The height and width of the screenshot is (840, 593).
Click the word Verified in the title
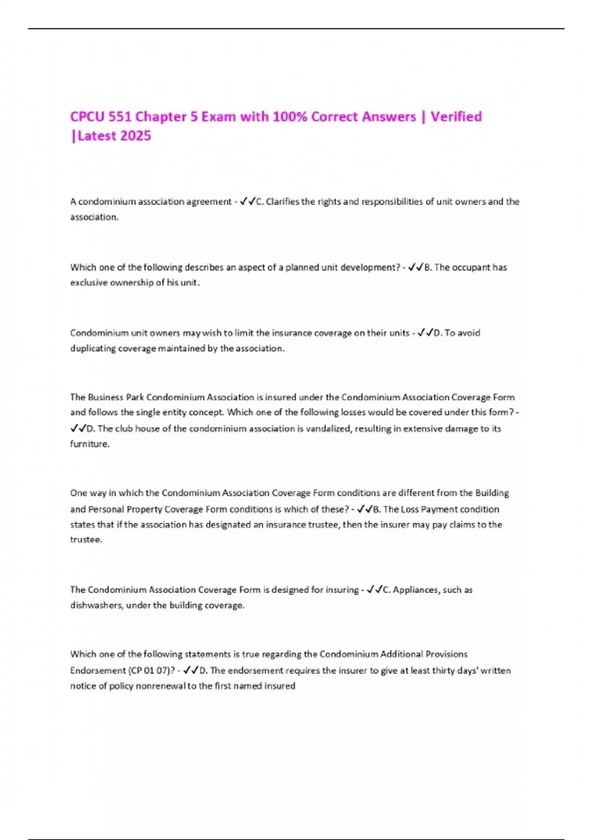(456, 117)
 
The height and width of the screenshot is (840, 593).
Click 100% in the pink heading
(290, 117)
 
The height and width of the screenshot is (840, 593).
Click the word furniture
(89, 444)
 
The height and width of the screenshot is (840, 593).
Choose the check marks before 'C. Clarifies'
(247, 202)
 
